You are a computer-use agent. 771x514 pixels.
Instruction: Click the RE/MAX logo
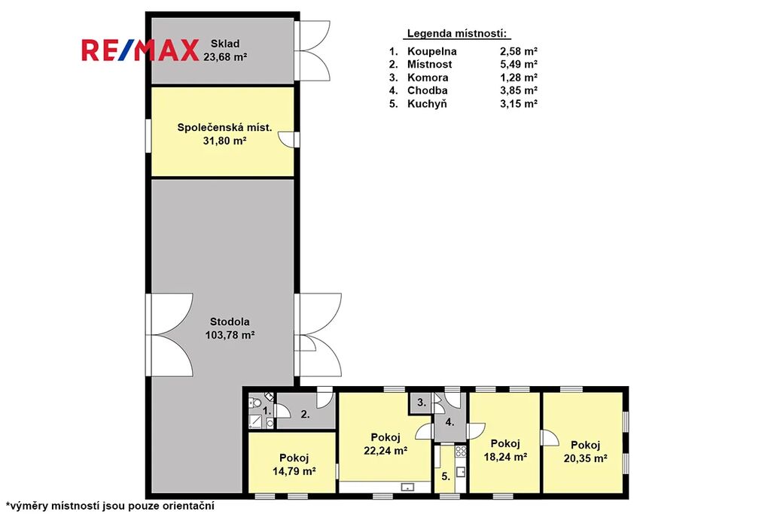[x=140, y=50]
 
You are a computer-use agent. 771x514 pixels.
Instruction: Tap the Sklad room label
[x=225, y=43]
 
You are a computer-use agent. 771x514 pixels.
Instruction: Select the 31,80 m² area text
[x=224, y=141]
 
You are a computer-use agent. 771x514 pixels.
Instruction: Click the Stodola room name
[x=230, y=322]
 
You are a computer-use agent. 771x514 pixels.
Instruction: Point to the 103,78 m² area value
[x=230, y=335]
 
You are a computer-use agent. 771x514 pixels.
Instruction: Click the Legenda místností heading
[x=457, y=33]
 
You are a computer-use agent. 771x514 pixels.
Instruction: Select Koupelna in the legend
[x=431, y=51]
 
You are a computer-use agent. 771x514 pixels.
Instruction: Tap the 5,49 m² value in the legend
[x=518, y=64]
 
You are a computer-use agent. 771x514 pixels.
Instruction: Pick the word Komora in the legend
[x=428, y=78]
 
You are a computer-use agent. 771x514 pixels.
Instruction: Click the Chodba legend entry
[x=428, y=90]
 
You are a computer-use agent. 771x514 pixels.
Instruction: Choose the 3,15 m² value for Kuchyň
[x=518, y=103]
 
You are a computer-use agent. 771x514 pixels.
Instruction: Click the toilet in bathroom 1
[x=254, y=403]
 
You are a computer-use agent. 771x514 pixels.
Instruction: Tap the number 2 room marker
[x=306, y=414]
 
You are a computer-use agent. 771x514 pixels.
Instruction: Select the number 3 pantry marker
[x=422, y=403]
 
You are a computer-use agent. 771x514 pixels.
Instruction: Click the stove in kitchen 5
[x=460, y=451]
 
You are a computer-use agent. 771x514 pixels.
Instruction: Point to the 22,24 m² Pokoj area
[x=385, y=450]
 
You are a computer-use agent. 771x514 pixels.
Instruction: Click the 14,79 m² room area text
[x=294, y=471]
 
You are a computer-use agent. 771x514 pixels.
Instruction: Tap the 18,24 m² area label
[x=505, y=457]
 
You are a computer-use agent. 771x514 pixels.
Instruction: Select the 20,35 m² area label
[x=585, y=458]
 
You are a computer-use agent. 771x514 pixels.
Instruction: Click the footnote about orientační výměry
[x=110, y=506]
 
